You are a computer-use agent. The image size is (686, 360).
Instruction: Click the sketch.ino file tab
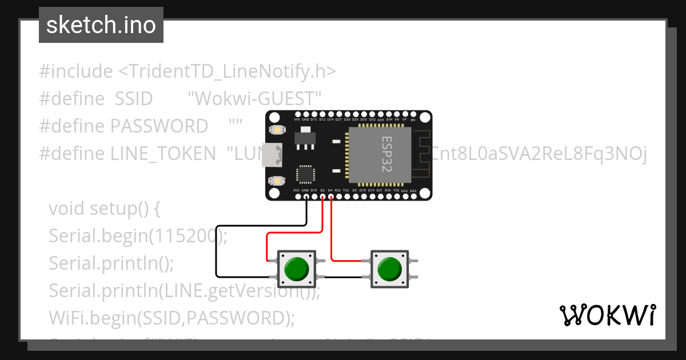click(101, 25)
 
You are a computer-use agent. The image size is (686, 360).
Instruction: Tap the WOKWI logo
click(607, 315)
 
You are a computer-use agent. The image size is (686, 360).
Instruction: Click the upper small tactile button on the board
click(277, 130)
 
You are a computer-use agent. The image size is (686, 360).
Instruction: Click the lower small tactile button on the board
click(277, 181)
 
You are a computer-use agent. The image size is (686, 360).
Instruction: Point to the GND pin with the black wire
click(306, 197)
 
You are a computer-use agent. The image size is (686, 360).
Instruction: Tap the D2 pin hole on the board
click(322, 197)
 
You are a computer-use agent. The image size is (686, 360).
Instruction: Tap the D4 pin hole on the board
click(330, 197)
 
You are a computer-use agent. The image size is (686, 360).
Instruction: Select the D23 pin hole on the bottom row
click(413, 197)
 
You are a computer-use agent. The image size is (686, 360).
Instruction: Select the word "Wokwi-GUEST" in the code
click(255, 99)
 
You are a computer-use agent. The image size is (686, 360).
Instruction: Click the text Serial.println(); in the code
click(111, 263)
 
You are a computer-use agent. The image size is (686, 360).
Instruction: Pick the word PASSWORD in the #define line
click(159, 126)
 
